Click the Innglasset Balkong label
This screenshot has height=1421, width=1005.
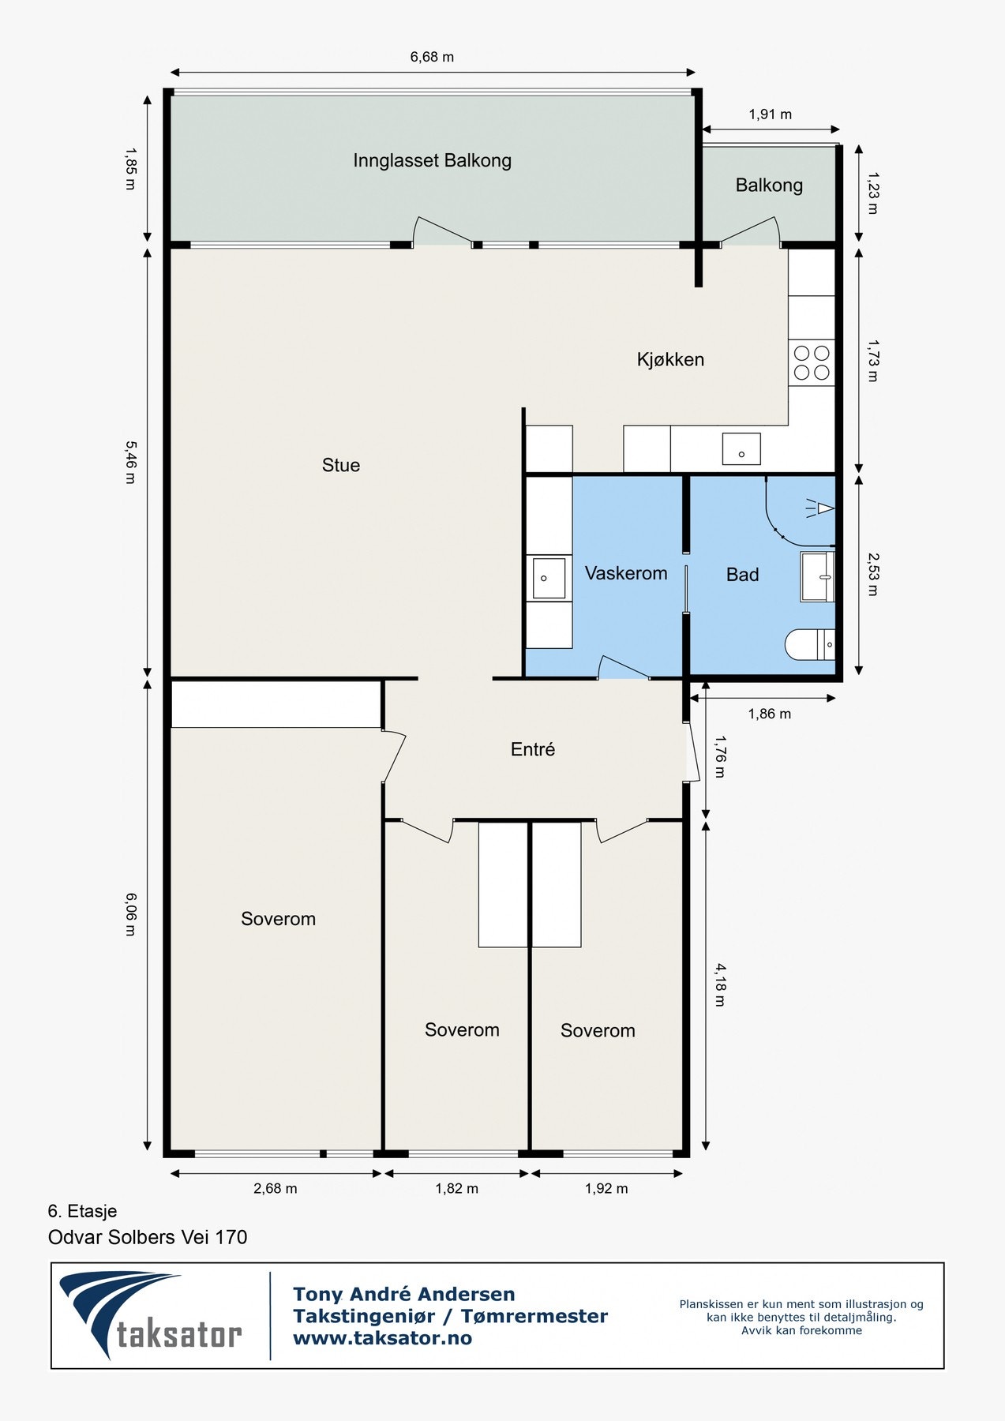coord(432,161)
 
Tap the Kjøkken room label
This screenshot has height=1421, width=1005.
coord(670,360)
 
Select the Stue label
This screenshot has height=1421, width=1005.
coord(341,465)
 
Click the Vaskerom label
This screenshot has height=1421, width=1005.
coord(626,573)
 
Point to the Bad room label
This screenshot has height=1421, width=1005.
coord(742,575)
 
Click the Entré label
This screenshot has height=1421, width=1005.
coord(533,749)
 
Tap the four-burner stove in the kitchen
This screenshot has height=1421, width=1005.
coord(812,362)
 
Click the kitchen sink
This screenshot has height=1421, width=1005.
coord(741,448)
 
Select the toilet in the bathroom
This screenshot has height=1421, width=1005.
coord(810,644)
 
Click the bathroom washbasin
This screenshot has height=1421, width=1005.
coord(818,576)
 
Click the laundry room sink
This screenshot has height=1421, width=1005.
coord(549,578)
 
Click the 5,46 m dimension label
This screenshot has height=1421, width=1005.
coord(130,462)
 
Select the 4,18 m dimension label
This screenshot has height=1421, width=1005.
coord(719,984)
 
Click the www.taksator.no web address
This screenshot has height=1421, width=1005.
coord(382,1338)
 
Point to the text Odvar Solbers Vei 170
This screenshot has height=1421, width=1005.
coord(148,1237)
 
